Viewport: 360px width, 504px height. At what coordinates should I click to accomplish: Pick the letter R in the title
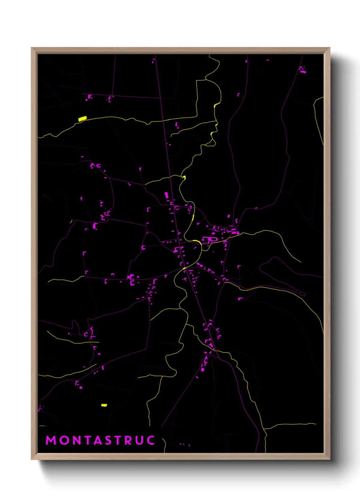[128, 440]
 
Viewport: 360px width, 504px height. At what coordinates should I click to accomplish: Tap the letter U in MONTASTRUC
[139, 440]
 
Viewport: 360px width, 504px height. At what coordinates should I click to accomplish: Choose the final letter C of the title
[150, 440]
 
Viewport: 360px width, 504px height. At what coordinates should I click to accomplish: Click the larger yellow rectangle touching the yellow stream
[82, 119]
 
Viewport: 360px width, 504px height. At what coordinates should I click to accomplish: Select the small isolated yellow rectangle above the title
[104, 405]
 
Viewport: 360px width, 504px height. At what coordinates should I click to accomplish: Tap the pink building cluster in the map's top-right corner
[302, 70]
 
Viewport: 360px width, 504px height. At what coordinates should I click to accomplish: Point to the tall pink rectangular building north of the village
[166, 195]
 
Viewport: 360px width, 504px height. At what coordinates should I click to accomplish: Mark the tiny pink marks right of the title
[185, 444]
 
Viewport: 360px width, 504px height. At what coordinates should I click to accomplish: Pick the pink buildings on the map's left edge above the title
[40, 408]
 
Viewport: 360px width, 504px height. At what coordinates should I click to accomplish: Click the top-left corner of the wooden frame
[32, 48]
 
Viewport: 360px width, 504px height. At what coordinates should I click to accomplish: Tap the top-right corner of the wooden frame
[329, 48]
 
